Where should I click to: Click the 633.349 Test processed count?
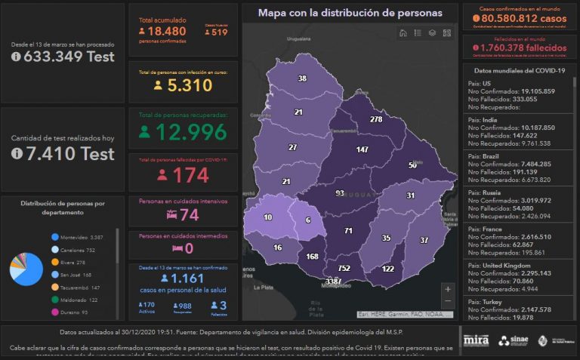coord(63,57)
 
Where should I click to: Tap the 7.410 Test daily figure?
coord(63,154)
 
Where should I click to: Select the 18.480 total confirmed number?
coord(165,31)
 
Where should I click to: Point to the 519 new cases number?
coord(219,32)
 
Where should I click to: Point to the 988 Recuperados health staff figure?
coord(184,305)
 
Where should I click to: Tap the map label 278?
coord(375,119)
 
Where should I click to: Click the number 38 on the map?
coord(302,79)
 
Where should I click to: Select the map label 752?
coord(344,268)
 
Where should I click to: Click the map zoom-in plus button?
coord(449,288)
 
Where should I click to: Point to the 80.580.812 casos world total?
coord(521,17)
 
